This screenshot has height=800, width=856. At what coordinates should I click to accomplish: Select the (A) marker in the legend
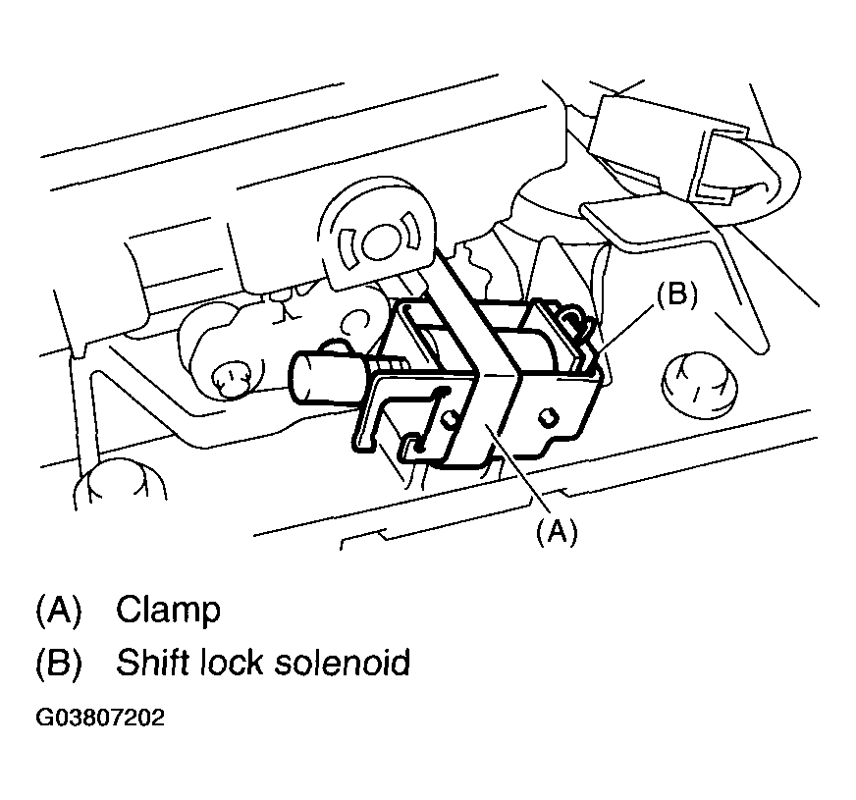click(x=58, y=610)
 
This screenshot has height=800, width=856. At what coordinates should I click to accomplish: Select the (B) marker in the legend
click(x=58, y=663)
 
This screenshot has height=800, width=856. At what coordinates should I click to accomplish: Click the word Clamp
click(x=168, y=610)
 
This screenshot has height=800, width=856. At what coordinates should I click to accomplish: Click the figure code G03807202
click(x=100, y=718)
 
